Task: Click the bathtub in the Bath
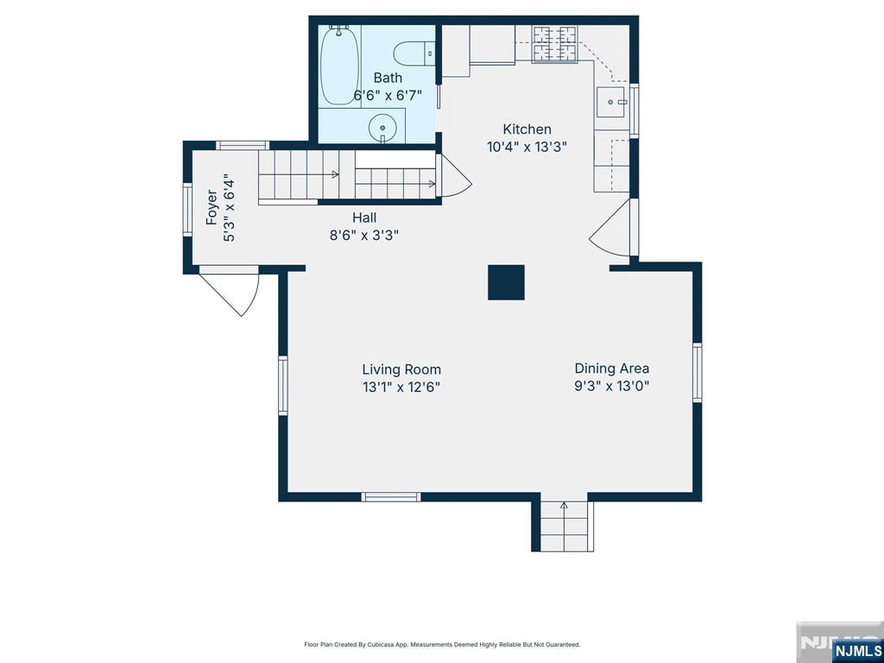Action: [340, 66]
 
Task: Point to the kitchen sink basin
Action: [611, 102]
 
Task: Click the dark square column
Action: [506, 282]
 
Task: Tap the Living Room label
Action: [401, 369]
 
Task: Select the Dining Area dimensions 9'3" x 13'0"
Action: [612, 386]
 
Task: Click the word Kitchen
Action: [527, 129]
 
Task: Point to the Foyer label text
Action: [212, 207]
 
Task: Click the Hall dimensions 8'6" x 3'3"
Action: [364, 235]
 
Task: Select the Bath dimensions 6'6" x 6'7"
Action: [388, 95]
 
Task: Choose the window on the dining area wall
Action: [698, 373]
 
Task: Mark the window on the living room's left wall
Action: [283, 386]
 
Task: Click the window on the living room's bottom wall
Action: [391, 496]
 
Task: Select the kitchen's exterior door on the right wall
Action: [614, 228]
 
